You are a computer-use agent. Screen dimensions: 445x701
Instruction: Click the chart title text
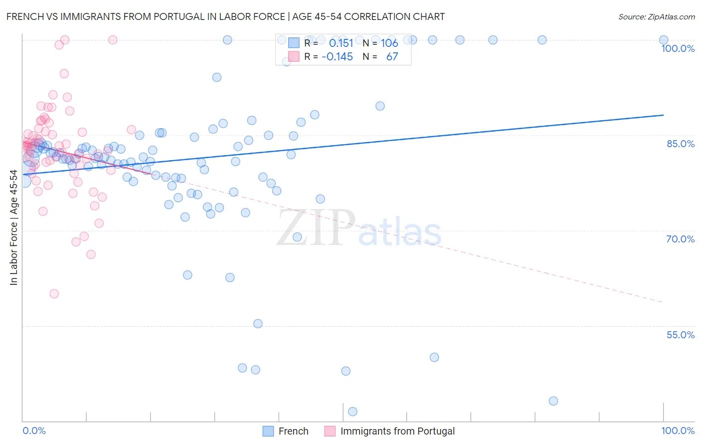(x=225, y=16)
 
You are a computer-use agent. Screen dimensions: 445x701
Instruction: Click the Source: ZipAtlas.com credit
(x=656, y=16)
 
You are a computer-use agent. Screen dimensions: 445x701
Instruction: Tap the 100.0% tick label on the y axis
(x=678, y=48)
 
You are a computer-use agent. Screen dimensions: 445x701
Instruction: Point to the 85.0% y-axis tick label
(x=681, y=144)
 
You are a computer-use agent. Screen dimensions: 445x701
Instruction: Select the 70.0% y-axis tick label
(x=681, y=239)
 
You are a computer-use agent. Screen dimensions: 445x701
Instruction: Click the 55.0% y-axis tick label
(x=681, y=335)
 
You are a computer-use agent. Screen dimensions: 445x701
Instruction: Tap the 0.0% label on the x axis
(x=34, y=431)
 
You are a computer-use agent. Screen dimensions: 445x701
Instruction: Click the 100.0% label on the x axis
(x=678, y=431)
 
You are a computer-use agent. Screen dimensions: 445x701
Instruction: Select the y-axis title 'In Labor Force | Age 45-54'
(x=13, y=227)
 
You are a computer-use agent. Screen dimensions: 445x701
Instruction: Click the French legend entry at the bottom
(x=293, y=431)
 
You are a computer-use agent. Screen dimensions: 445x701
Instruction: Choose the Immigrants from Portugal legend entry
(x=397, y=431)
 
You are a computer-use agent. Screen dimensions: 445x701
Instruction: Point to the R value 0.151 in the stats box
(x=341, y=43)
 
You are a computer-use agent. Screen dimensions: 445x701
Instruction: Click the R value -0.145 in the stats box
(x=338, y=57)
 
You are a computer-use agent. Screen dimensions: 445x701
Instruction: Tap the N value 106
(x=389, y=43)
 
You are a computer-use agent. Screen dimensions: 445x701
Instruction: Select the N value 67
(x=392, y=57)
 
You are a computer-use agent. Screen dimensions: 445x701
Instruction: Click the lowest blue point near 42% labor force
(x=352, y=412)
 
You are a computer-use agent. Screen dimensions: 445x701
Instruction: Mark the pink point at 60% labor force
(x=54, y=294)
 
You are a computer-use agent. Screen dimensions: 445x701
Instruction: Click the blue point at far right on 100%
(x=664, y=40)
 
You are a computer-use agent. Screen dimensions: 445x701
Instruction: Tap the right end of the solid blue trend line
(x=663, y=115)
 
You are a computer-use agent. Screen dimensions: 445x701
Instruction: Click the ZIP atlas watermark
(x=359, y=228)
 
